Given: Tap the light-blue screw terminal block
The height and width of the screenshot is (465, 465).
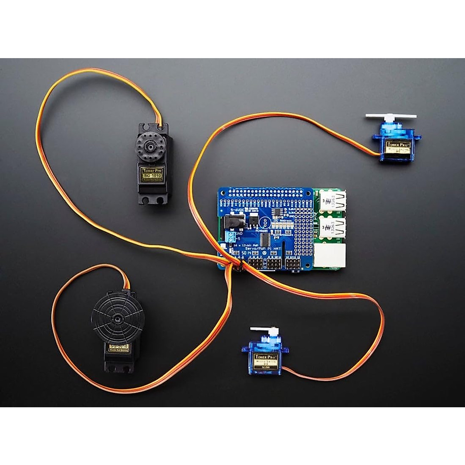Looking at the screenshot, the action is (231, 237).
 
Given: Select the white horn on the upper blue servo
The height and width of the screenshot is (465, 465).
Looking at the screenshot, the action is (391, 116).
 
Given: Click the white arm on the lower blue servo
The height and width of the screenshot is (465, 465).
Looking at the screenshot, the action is (260, 330).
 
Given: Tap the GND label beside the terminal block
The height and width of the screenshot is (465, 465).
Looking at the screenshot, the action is (239, 234).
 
